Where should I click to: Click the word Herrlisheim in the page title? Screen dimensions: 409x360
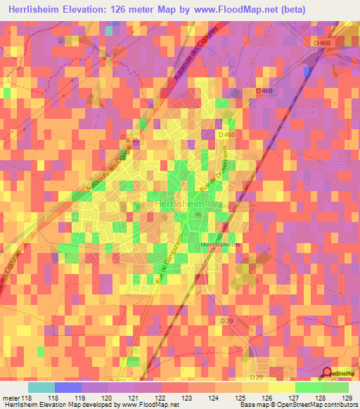pyautogui.click(x=45, y=10)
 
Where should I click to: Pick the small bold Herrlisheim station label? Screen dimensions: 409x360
pyautogui.click(x=220, y=244)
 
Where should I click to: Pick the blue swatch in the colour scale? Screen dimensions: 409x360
pyautogui.click(x=68, y=387)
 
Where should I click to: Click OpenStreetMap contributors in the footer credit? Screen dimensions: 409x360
pyautogui.click(x=322, y=405)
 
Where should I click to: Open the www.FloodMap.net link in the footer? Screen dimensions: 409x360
pyautogui.click(x=149, y=405)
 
